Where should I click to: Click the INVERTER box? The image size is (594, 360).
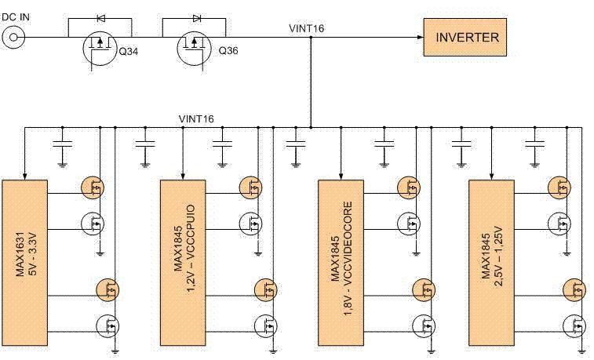[467, 37]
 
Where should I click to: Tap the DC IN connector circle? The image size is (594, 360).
[13, 37]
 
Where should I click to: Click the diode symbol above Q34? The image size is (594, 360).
[100, 16]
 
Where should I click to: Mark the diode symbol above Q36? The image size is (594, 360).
[195, 16]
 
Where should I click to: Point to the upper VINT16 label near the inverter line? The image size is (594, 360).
[306, 28]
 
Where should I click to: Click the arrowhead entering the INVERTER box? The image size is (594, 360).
[419, 37]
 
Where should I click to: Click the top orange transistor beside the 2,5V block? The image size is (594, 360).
[561, 187]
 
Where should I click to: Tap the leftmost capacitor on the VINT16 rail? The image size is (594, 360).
[62, 144]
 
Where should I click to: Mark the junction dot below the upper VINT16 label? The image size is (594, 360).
[312, 37]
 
